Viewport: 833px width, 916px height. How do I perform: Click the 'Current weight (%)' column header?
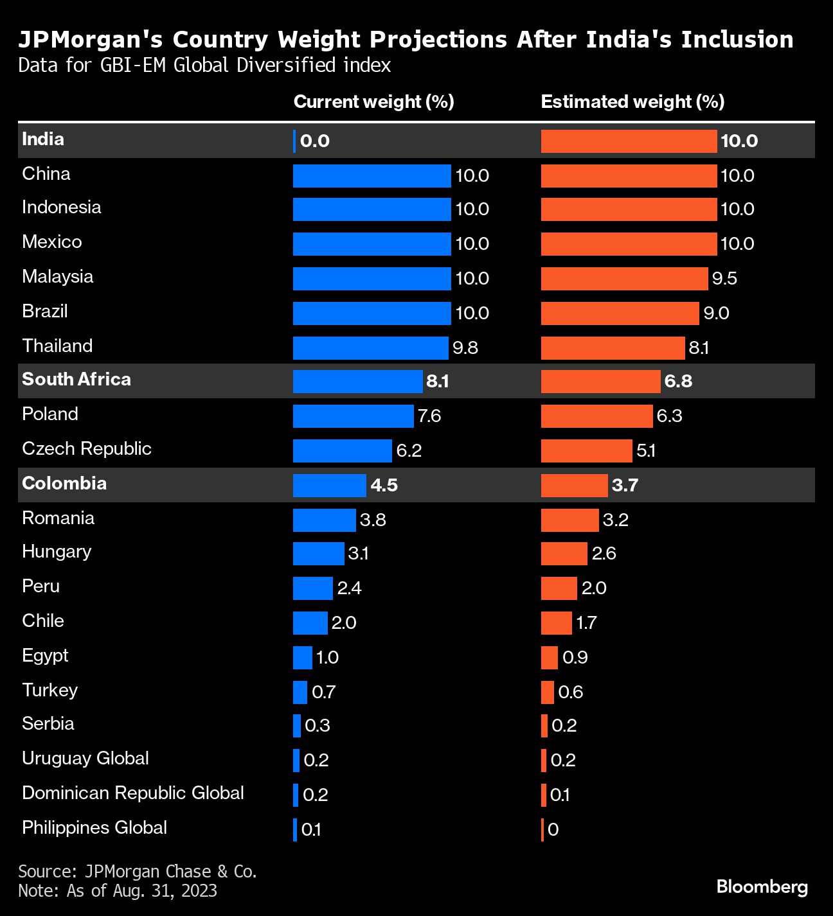click(x=373, y=102)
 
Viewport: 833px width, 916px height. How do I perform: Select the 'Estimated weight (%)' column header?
click(x=632, y=102)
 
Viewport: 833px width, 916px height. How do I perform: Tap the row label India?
click(x=43, y=139)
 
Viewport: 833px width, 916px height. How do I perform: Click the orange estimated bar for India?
click(x=629, y=141)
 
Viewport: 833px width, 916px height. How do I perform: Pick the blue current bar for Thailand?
click(x=370, y=348)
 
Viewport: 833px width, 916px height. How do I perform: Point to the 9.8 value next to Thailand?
click(x=465, y=348)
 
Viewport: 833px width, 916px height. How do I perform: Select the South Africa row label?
click(x=76, y=380)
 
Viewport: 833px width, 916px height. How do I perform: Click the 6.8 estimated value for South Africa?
click(x=678, y=382)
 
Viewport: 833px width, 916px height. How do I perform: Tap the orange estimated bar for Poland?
click(x=596, y=416)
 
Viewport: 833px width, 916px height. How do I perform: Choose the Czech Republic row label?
click(x=87, y=449)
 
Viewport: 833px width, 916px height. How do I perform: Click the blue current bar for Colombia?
click(x=329, y=486)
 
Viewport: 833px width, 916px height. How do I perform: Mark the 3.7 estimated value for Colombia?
click(x=625, y=486)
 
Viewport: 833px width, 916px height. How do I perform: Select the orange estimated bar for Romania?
click(x=569, y=520)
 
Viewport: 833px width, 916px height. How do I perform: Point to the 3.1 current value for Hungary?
click(x=359, y=554)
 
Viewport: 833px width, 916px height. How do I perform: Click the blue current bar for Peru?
click(x=312, y=588)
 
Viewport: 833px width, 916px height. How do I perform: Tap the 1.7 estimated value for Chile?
click(x=586, y=623)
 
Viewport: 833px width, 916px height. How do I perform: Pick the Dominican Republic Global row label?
click(x=133, y=793)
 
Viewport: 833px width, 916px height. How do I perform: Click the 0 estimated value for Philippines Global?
click(x=553, y=830)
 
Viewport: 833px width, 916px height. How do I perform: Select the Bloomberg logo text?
click(x=762, y=887)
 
